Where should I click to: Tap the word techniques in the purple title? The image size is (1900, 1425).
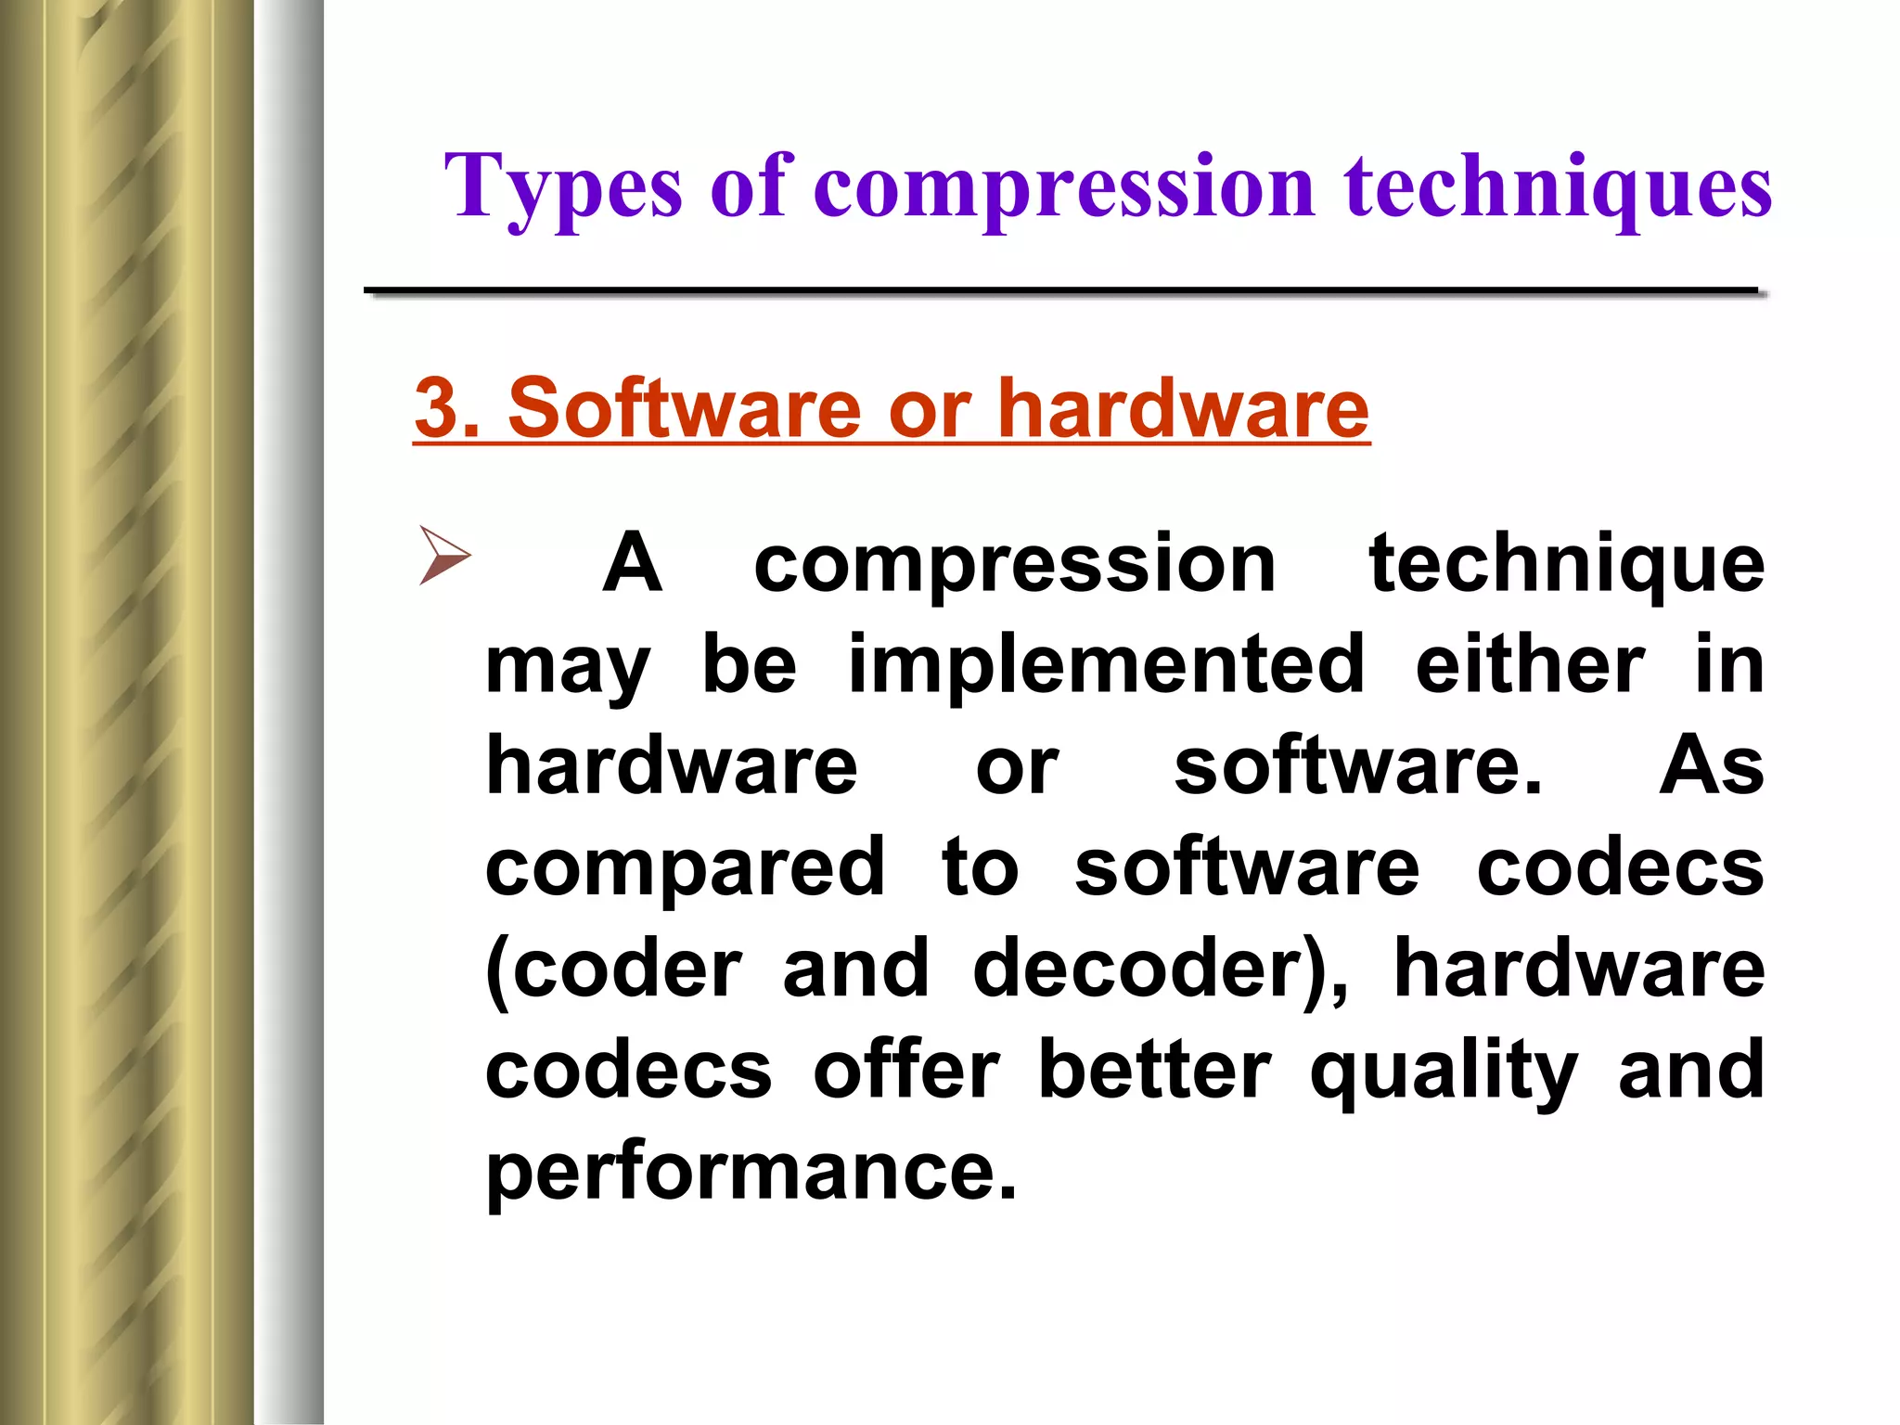(x=1558, y=188)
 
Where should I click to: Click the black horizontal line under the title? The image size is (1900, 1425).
(x=1062, y=292)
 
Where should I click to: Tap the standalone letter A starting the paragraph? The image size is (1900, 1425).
(x=632, y=563)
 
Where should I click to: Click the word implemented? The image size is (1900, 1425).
(x=1106, y=664)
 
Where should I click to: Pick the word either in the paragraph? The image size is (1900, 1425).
(x=1530, y=664)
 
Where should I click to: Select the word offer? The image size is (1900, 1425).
(x=906, y=1071)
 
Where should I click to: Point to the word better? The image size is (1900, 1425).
(x=1154, y=1071)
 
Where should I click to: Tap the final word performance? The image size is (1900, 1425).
(x=751, y=1173)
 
